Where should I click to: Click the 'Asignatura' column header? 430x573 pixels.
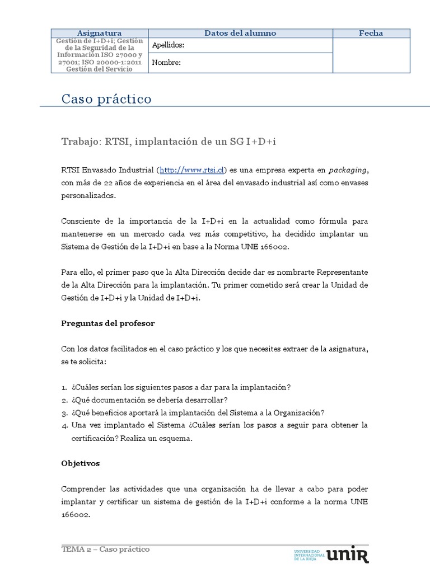click(99, 33)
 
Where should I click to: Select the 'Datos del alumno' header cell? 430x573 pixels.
click(240, 33)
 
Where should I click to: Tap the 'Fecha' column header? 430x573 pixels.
click(371, 33)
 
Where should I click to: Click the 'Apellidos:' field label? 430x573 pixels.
click(168, 45)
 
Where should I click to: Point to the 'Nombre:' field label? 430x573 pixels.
click(166, 63)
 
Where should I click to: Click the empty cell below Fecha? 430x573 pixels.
click(371, 55)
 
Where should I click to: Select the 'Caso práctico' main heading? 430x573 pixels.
click(106, 99)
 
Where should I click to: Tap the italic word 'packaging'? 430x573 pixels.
click(348, 170)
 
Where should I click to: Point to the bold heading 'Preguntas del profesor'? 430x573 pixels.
click(107, 323)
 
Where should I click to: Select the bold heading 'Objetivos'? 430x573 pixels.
click(80, 463)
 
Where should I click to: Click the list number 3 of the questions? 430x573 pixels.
click(64, 413)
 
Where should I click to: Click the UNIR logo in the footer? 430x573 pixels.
click(347, 555)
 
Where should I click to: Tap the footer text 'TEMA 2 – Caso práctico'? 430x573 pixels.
click(105, 549)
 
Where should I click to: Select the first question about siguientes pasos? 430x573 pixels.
click(181, 387)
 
